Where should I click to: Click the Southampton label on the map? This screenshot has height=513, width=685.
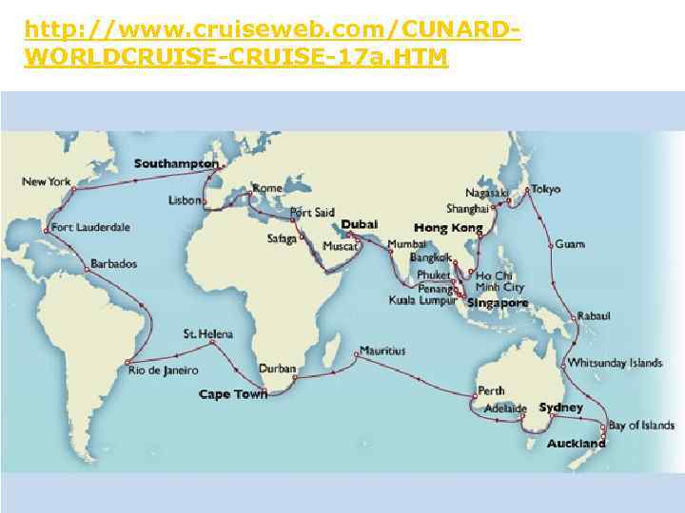point(177,163)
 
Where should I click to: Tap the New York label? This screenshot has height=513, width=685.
point(47,180)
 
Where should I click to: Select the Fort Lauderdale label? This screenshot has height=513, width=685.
point(90,228)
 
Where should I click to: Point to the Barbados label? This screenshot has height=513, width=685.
point(114,263)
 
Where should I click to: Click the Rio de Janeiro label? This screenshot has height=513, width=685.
point(164,370)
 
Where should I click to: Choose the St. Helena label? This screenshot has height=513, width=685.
point(207,333)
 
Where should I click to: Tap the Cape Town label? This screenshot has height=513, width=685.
point(233,393)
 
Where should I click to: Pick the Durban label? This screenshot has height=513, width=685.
point(278,369)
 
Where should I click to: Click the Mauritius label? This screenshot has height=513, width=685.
point(382,351)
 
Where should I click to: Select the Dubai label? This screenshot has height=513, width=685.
point(360,223)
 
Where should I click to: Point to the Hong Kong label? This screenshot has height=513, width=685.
point(448,228)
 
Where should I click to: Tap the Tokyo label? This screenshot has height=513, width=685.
point(546,189)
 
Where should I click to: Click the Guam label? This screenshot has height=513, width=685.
point(570,244)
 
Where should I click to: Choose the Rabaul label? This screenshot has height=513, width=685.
point(594,315)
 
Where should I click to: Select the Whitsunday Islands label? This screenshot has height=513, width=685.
point(615,363)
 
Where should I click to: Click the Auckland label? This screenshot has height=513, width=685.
point(576,444)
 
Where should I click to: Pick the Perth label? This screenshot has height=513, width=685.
point(491,390)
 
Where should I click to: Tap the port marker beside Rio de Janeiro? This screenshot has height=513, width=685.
point(126,362)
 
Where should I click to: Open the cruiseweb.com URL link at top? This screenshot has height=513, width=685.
point(272,43)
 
